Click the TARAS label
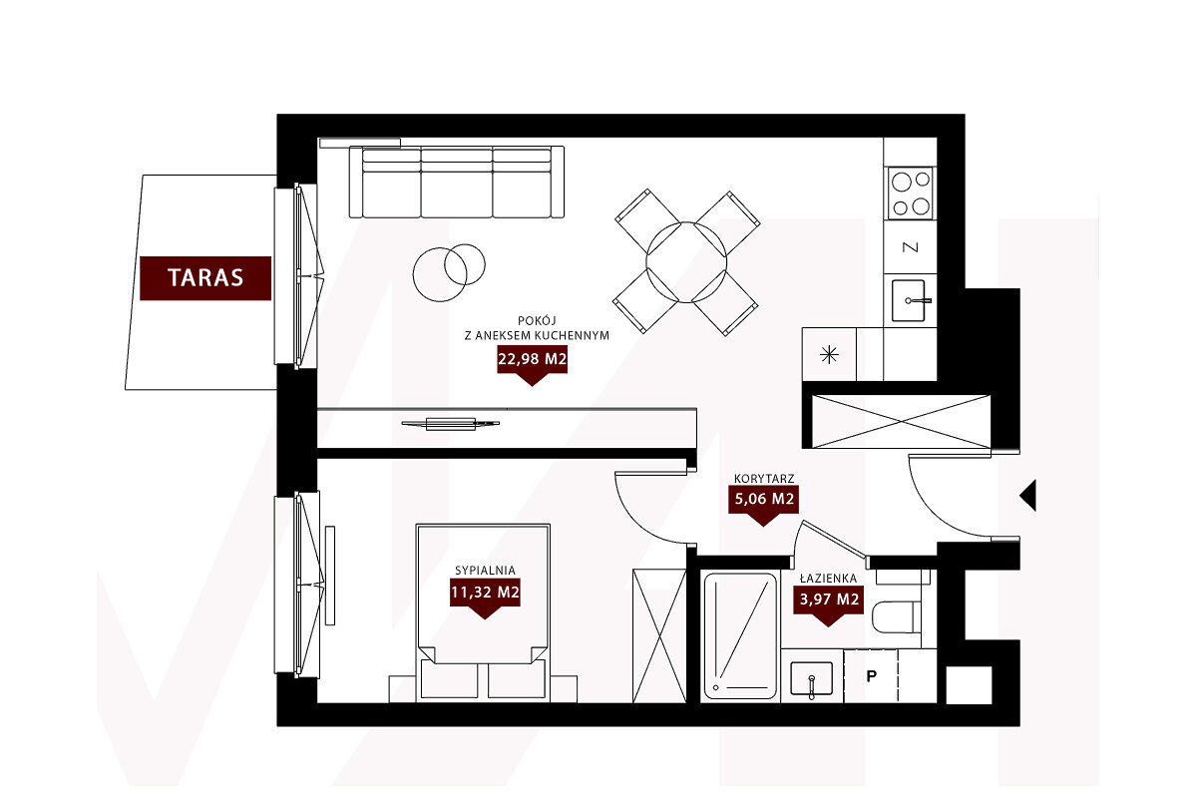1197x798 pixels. click(205, 278)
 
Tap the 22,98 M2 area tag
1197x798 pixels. click(532, 362)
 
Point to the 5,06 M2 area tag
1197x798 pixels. click(764, 503)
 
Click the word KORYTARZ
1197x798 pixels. click(764, 479)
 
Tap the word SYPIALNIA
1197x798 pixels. click(485, 571)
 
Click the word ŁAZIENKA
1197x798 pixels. click(828, 579)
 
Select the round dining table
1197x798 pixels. click(686, 262)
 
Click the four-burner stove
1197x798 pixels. click(911, 193)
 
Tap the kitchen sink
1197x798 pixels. click(909, 301)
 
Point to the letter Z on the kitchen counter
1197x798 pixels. click(910, 247)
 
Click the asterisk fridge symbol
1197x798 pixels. click(829, 354)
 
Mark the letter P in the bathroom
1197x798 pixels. click(871, 676)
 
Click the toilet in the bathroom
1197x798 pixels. click(897, 617)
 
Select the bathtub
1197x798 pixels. click(740, 636)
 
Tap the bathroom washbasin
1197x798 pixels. click(811, 678)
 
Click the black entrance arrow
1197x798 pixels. click(1027, 496)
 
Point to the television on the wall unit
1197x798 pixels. click(451, 424)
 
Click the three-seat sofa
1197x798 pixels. click(457, 183)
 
